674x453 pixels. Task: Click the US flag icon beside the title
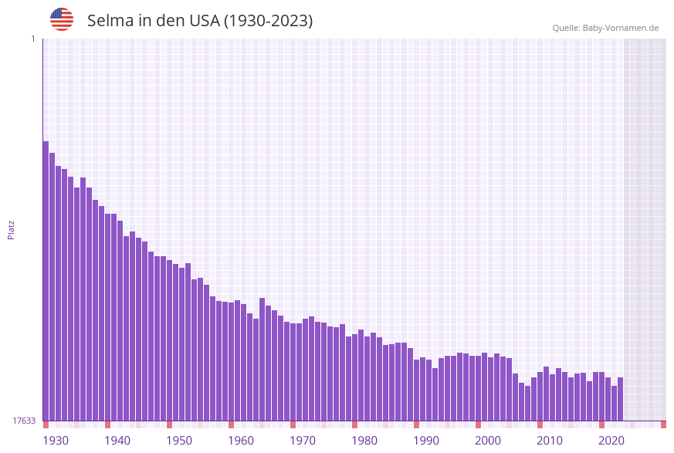point(62,19)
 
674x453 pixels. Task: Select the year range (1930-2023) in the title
point(268,21)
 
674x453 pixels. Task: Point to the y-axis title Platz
point(12,229)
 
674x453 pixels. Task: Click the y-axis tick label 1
point(32,39)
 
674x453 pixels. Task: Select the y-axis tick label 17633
point(24,421)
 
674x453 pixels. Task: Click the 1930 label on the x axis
point(56,441)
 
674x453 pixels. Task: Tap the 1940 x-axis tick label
point(117,441)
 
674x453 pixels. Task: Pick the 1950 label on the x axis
point(179,441)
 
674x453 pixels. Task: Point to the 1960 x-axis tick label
point(241,441)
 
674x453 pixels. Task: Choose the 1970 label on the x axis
point(303,441)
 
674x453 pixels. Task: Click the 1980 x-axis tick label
point(364,441)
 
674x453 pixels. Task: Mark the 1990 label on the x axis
point(426,441)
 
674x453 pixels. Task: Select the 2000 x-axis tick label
point(488,441)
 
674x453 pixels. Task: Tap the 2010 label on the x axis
point(550,441)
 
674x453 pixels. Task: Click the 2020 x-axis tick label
point(611,441)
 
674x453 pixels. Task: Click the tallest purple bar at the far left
point(46,281)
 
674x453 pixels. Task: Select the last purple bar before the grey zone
point(620,399)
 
